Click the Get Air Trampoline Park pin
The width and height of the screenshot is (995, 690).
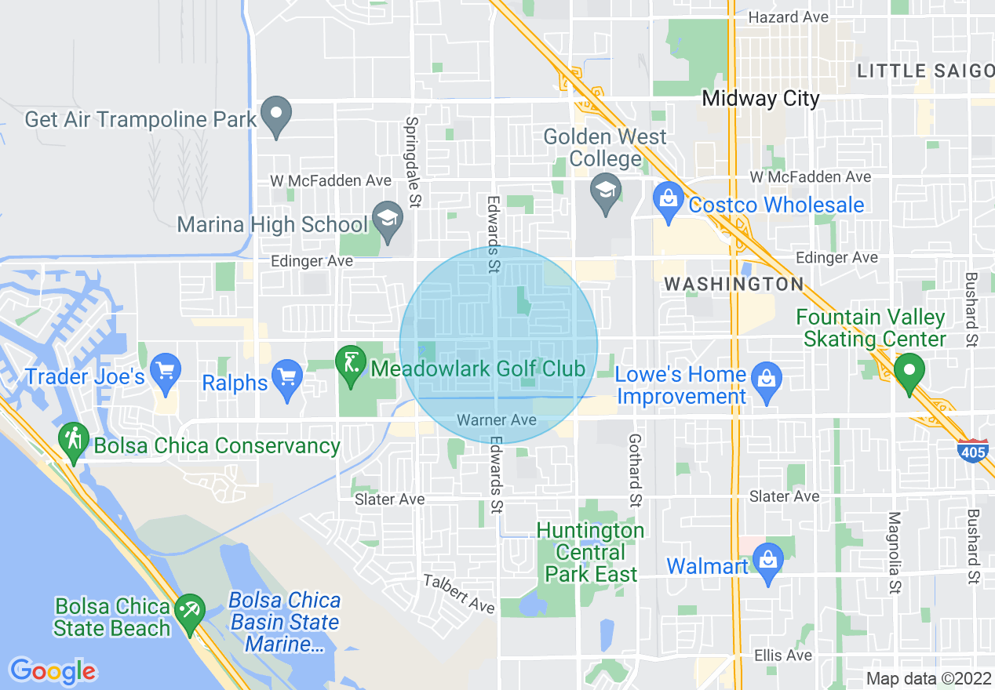coord(275,115)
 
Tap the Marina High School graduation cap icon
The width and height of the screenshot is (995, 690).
coord(387,220)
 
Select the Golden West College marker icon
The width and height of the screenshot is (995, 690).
coord(605,193)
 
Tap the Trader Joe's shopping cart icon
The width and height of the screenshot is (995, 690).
coord(166,372)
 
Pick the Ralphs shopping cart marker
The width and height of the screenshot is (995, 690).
coord(288,379)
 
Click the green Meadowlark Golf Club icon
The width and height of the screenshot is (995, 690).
coord(350,365)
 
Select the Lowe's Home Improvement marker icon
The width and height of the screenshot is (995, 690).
coord(766,378)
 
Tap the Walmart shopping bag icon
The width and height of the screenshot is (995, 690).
coord(767,562)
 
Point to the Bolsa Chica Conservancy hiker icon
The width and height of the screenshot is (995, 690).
coord(74,441)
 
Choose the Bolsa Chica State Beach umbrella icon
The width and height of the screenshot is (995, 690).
coord(190,612)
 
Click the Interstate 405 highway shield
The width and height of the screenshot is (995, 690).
coord(972,450)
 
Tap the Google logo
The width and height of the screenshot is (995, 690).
coord(53,671)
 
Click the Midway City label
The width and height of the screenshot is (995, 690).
coord(760,99)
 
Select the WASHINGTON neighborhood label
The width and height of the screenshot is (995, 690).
coord(734,284)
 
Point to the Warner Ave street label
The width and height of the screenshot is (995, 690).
coord(497,420)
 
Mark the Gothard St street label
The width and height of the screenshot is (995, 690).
coord(635,470)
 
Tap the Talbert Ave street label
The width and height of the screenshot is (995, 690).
coord(459,594)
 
